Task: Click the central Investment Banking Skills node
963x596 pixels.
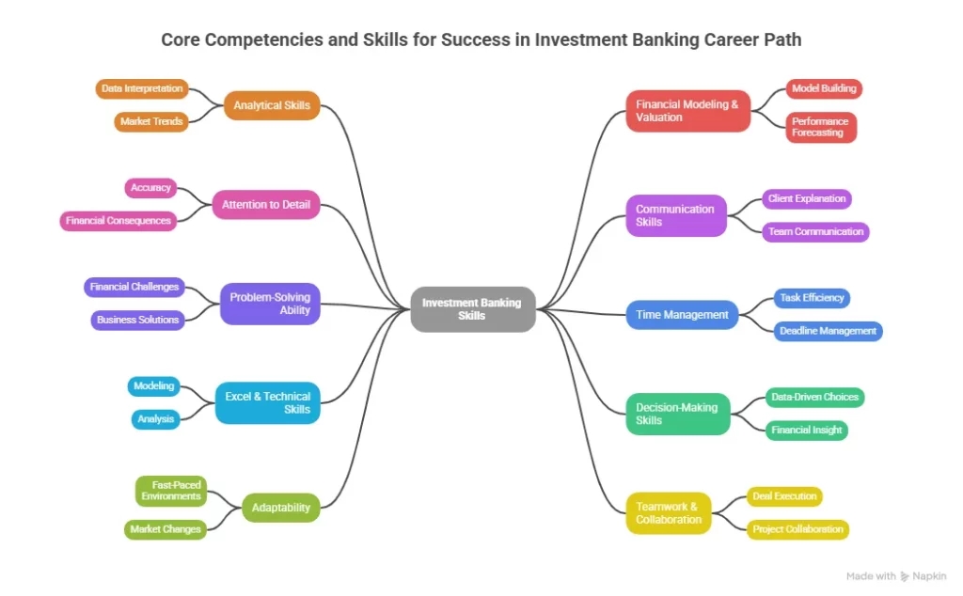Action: [473, 309]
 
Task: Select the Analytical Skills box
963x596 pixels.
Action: [271, 105]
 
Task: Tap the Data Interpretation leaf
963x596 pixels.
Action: [142, 89]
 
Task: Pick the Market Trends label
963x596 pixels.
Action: [150, 122]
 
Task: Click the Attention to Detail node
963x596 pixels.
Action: [265, 204]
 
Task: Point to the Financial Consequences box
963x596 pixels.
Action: [118, 221]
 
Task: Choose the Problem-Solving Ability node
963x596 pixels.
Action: [270, 304]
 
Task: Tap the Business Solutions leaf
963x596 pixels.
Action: [137, 320]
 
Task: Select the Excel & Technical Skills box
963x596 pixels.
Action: [267, 402]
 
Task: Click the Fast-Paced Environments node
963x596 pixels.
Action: [170, 490]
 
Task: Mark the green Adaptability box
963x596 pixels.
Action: [280, 508]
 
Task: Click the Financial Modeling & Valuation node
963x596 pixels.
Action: [687, 111]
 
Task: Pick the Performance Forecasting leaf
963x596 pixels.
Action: [820, 127]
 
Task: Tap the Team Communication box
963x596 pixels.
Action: [814, 231]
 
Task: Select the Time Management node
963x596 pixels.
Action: [682, 315]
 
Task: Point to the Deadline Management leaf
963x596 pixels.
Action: [828, 331]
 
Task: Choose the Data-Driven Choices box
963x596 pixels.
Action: [813, 397]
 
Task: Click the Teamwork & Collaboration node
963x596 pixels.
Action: [668, 513]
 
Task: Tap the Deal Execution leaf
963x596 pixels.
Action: [784, 496]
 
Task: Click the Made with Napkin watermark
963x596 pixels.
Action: [895, 576]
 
